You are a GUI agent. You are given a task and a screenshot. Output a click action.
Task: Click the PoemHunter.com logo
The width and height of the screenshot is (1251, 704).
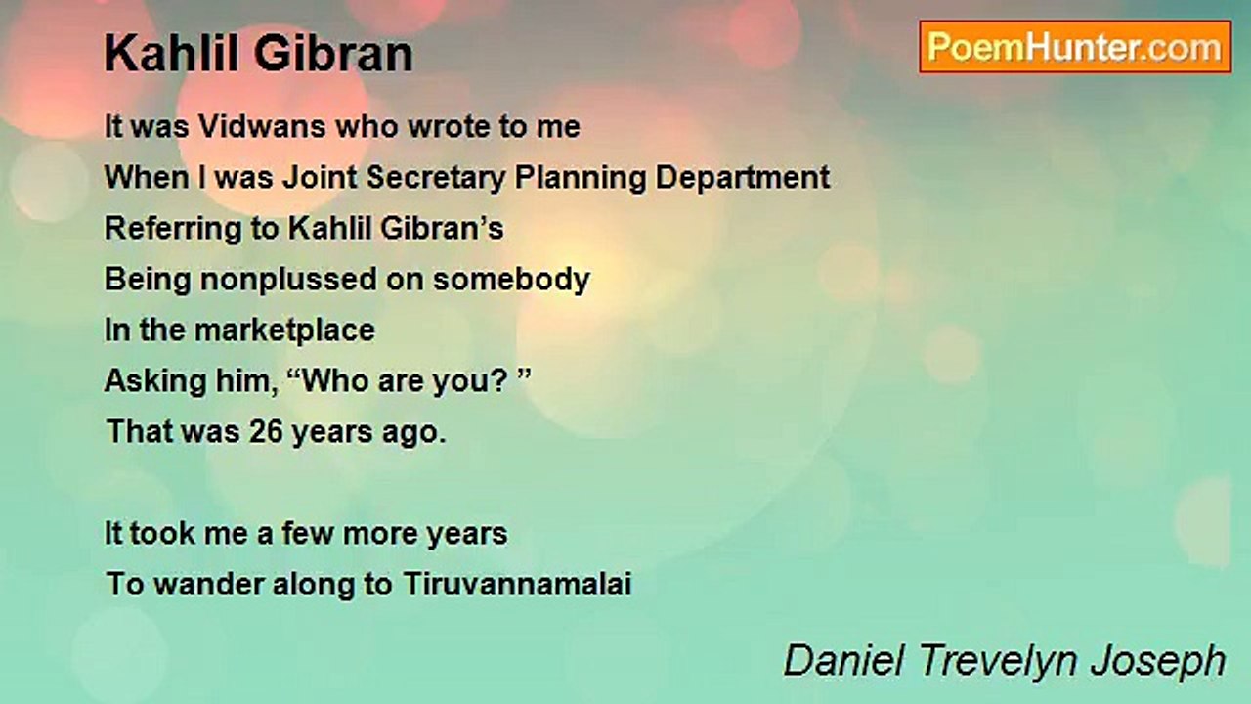[x=1075, y=47]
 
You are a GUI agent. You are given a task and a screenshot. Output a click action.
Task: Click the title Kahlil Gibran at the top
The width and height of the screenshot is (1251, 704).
[x=258, y=55]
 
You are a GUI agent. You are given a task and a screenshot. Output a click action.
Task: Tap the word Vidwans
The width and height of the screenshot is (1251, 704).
[x=259, y=127]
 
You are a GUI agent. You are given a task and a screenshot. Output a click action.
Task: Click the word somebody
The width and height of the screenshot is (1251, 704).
[x=512, y=280]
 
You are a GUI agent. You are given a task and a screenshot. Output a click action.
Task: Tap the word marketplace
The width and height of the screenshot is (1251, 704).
[x=284, y=330]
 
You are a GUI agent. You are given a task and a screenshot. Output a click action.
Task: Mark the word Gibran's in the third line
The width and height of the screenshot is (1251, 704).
[x=451, y=229]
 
